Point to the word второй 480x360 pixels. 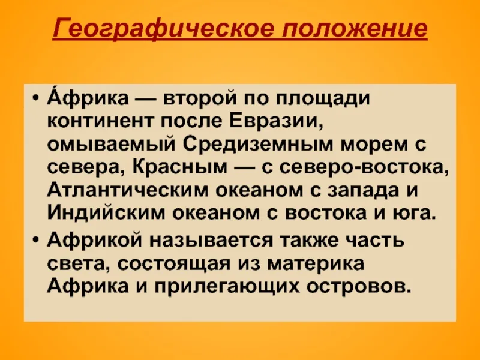(x=200, y=99)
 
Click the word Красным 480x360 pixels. (x=180, y=167)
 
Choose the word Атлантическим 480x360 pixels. (x=127, y=190)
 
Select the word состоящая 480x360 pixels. (x=173, y=263)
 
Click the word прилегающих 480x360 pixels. (x=227, y=287)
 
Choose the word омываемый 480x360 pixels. (x=112, y=145)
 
